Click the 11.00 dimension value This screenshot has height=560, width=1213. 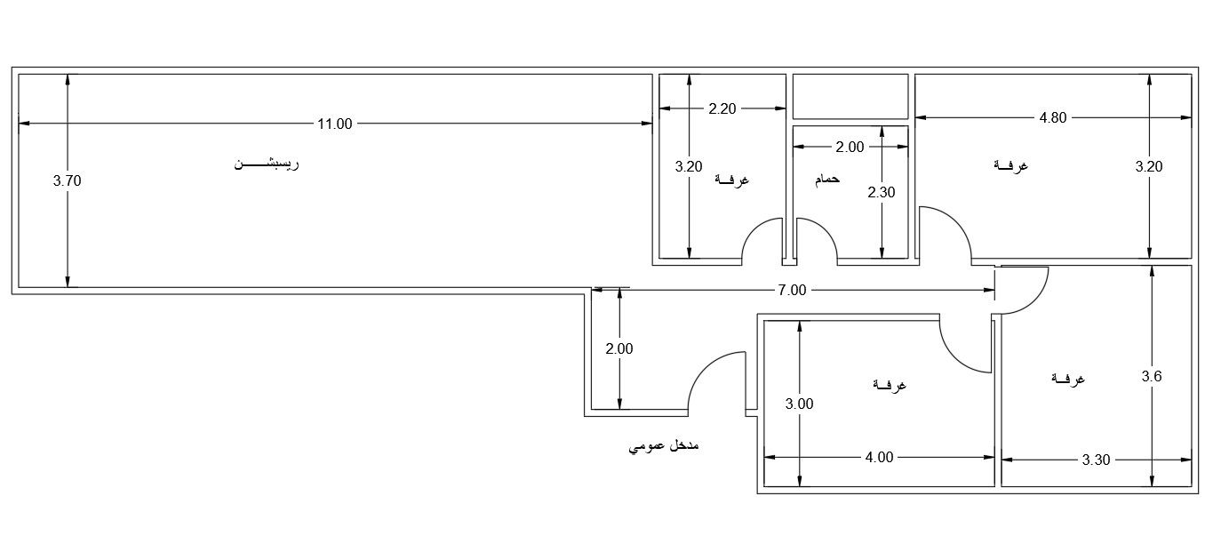tap(335, 124)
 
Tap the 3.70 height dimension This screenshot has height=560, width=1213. tap(68, 181)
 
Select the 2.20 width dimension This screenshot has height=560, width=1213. tap(722, 108)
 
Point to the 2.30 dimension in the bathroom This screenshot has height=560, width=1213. tap(882, 192)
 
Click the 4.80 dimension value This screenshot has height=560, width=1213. tap(1053, 117)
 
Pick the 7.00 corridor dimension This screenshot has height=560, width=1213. tap(793, 291)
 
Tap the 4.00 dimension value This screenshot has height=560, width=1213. tap(879, 458)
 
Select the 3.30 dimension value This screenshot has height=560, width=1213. tap(1096, 460)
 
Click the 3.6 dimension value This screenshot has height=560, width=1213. tap(1152, 376)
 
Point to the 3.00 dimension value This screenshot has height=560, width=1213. tap(799, 404)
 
